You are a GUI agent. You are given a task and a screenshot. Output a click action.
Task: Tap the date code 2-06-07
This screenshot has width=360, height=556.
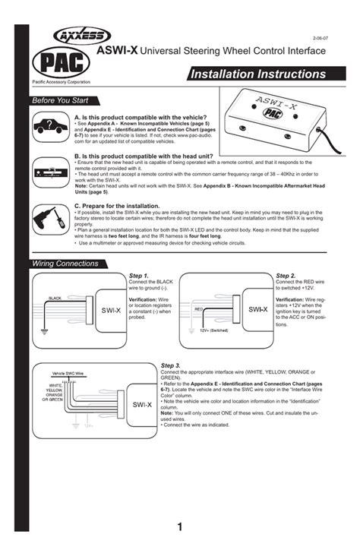tap(321, 36)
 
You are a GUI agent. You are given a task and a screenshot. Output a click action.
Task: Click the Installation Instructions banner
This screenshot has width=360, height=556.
tap(258, 74)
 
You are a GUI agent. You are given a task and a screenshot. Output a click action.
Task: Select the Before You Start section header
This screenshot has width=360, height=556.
tap(58, 101)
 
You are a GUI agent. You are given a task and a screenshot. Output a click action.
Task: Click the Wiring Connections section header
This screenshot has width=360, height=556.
tap(65, 264)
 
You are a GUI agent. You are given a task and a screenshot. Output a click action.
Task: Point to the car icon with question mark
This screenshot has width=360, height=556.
tap(49, 127)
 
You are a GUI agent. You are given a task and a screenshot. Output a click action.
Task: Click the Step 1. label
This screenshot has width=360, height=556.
tap(139, 276)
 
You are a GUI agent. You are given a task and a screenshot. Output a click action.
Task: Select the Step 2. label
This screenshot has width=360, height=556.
tap(286, 276)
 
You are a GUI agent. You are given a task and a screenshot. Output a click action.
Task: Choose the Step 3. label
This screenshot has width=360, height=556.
tap(172, 365)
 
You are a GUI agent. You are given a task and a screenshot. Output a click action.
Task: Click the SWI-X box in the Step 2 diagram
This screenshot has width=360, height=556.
tap(257, 310)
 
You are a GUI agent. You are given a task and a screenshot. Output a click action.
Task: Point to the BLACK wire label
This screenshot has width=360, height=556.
tap(55, 299)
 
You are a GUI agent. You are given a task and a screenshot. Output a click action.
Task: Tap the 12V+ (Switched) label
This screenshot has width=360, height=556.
tap(214, 331)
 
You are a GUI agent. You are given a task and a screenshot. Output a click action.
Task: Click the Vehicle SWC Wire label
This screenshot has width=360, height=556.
tap(68, 374)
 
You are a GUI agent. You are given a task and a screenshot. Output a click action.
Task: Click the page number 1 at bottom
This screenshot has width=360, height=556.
tap(180, 526)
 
